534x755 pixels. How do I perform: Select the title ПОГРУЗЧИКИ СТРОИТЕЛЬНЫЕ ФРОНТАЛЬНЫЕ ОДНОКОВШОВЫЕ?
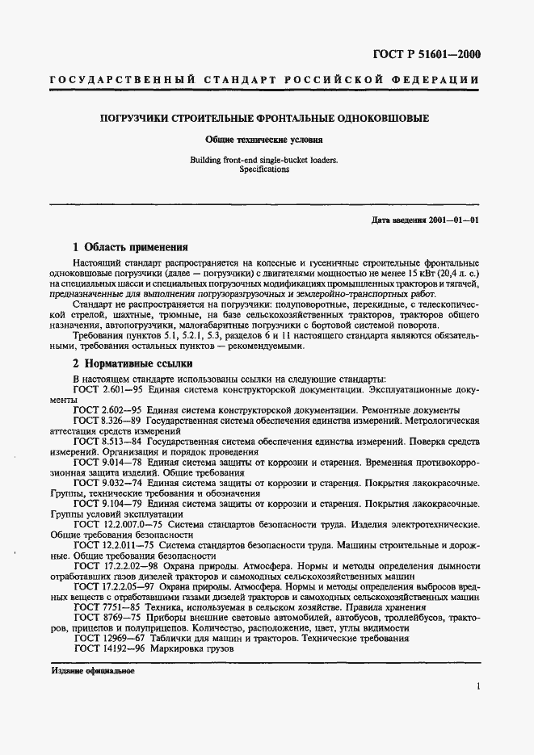(264, 119)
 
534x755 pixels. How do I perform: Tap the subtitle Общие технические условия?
(264, 139)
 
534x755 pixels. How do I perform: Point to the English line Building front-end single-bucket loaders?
(264, 161)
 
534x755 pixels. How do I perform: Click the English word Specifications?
(264, 170)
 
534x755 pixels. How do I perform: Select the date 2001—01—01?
(456, 220)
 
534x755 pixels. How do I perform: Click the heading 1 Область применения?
(130, 247)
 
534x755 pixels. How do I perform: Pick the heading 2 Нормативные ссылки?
(132, 363)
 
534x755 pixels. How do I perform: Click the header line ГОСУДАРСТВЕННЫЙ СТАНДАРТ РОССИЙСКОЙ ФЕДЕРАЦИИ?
(264, 81)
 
